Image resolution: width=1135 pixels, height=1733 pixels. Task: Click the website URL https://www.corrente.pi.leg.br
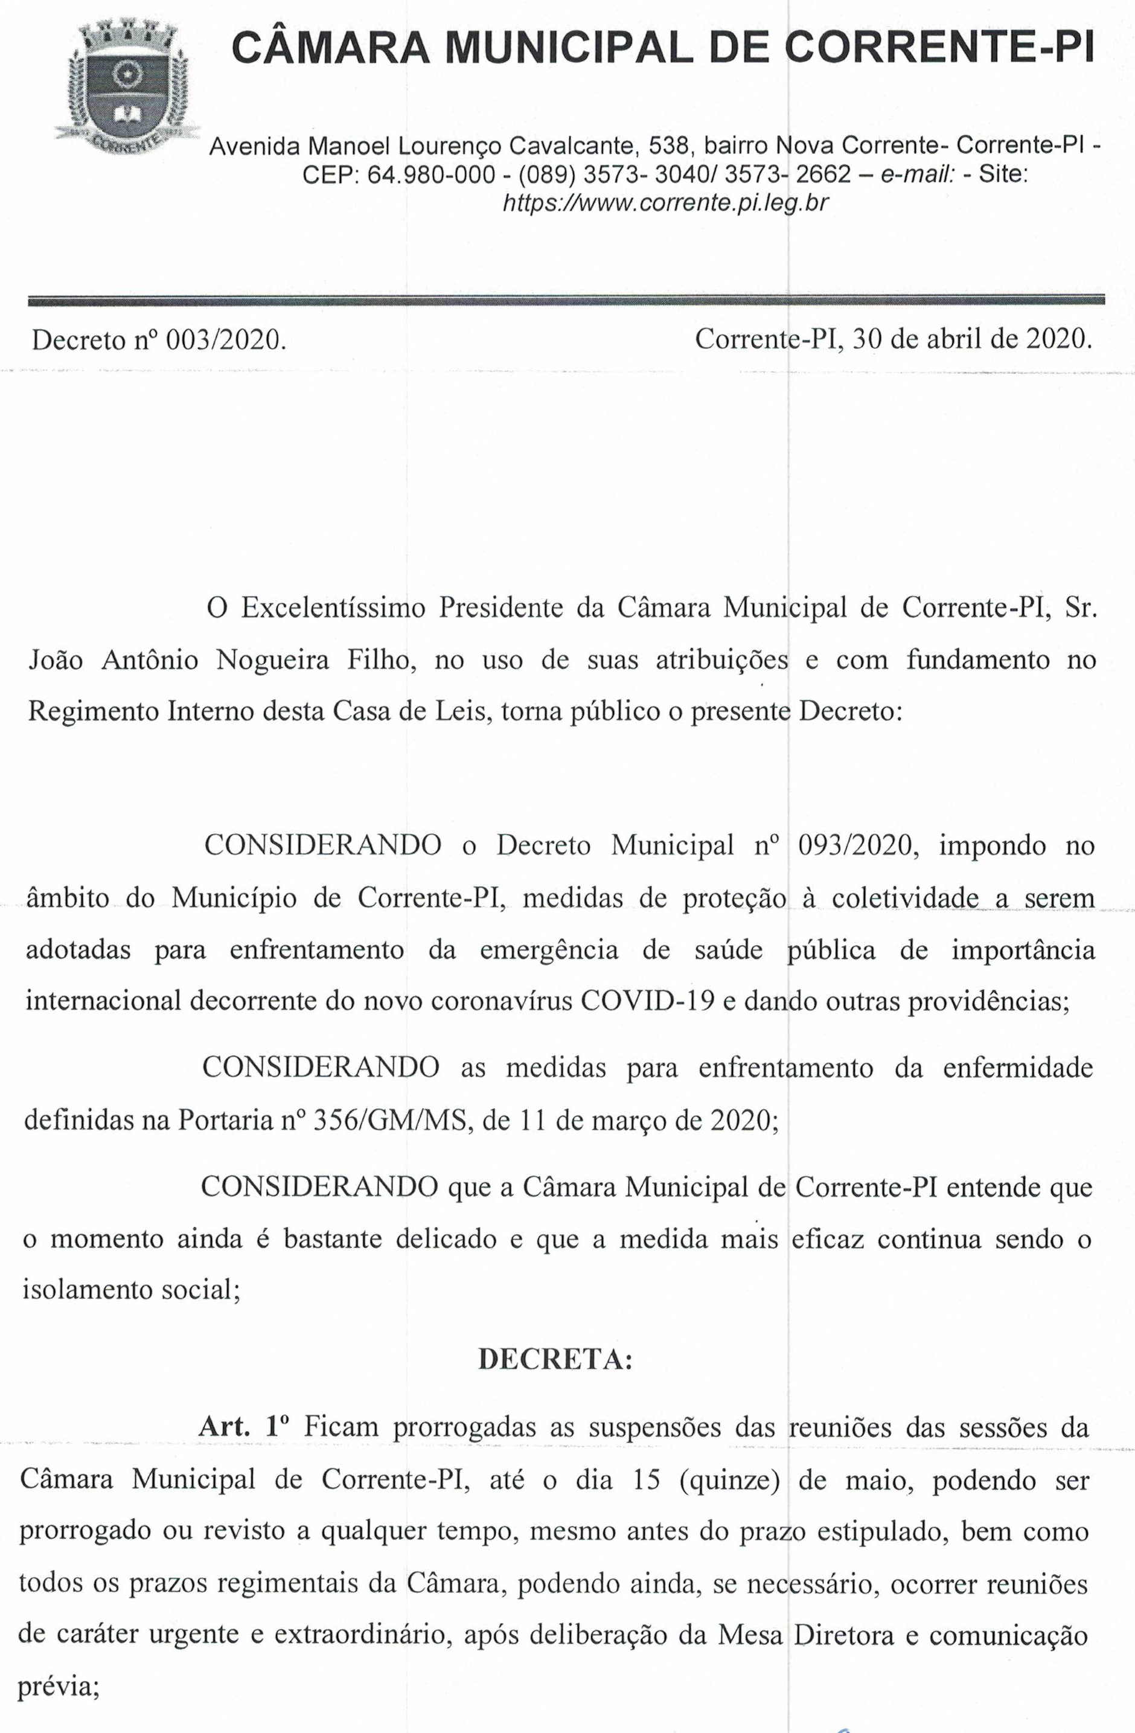665,203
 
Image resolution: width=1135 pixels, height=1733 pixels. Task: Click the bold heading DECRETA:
555,1359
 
